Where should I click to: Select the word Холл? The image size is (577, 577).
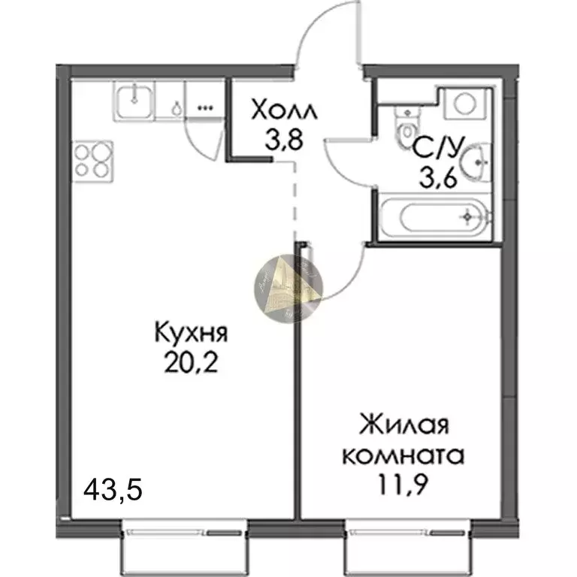(x=284, y=113)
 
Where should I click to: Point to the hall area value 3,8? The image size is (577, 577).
(x=282, y=140)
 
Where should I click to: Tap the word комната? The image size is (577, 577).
(x=403, y=455)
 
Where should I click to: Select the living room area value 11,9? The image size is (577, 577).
(x=403, y=483)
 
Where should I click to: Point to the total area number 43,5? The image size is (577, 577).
(x=112, y=493)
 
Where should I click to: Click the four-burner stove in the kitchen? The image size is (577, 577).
(x=92, y=159)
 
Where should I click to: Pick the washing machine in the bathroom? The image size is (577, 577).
(x=466, y=103)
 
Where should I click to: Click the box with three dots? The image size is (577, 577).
(x=205, y=107)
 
